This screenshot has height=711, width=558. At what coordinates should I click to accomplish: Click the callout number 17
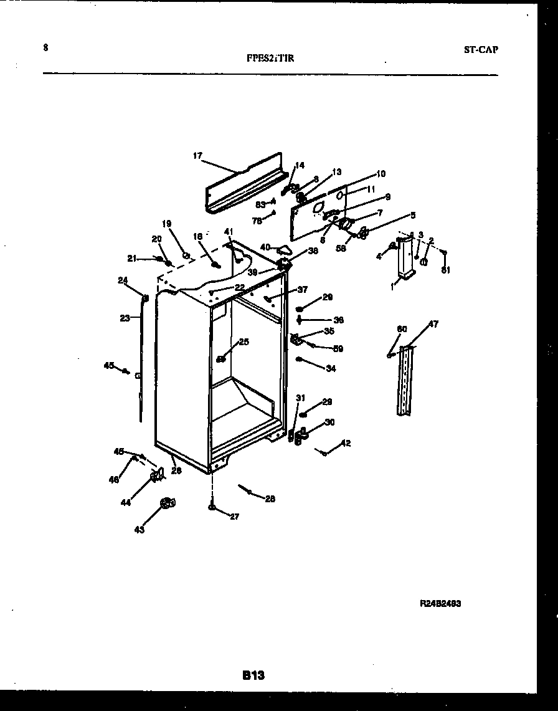197,156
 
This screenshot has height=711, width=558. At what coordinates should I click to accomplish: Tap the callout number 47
433,324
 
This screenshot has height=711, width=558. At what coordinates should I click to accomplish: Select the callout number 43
139,530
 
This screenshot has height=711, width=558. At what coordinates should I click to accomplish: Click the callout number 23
125,318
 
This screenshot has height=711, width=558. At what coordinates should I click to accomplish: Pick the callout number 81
445,270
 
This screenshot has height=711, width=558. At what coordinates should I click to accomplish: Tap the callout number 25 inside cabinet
244,341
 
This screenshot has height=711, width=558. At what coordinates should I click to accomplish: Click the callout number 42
346,444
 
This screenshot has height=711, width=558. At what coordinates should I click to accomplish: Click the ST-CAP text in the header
481,50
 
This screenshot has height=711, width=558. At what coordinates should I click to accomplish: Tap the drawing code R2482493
440,604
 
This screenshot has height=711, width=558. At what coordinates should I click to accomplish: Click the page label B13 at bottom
253,675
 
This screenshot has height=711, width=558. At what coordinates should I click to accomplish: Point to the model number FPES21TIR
270,59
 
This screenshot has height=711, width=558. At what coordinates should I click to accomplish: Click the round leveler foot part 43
166,503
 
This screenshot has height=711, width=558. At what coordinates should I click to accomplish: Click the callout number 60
402,329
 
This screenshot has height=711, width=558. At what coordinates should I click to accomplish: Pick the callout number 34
330,369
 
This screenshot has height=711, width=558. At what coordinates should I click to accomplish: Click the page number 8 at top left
46,47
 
